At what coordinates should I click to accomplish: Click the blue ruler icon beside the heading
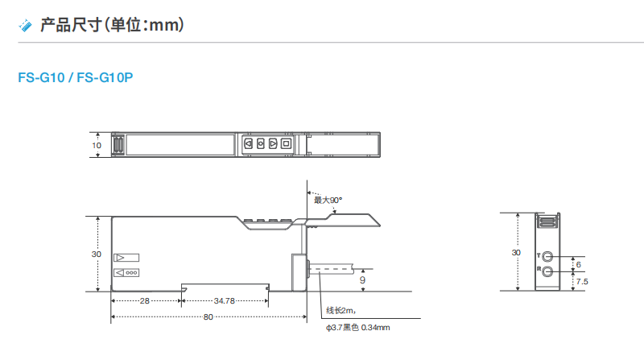[x=25, y=25]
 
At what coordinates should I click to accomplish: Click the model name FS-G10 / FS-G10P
[x=76, y=77]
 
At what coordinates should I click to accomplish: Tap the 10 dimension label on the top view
[x=97, y=146]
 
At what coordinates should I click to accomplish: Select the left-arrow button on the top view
[x=248, y=143]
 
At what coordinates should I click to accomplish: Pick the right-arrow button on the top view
[x=273, y=143]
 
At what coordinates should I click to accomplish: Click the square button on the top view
[x=286, y=143]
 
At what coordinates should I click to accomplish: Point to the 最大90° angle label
[x=328, y=201]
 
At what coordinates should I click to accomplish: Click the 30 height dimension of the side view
[x=97, y=254]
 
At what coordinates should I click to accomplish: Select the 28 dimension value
[x=145, y=301]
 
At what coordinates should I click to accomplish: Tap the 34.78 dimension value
[x=225, y=301]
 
